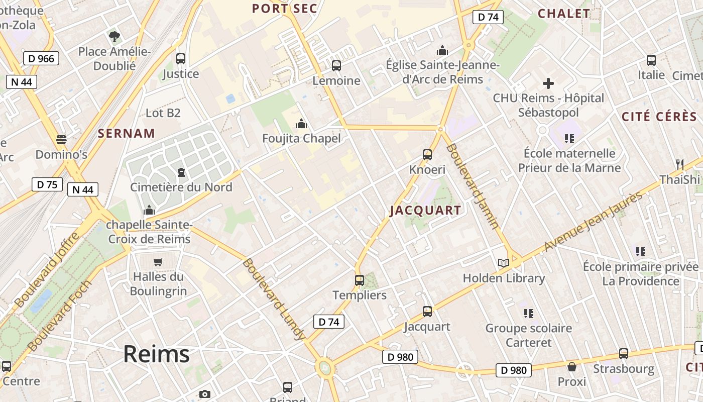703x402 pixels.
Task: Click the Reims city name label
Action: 156,354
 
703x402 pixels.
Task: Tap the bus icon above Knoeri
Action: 427,155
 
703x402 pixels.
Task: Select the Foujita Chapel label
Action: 301,138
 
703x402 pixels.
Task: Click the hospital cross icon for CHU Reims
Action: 548,83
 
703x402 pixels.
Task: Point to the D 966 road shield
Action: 41,58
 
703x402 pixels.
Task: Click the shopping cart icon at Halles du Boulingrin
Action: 158,262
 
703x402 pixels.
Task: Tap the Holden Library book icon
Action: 503,263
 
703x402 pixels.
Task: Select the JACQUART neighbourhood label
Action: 425,211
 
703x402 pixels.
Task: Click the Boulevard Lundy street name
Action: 274,299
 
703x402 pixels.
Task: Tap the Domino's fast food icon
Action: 61,139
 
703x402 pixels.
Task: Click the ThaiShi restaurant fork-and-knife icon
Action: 680,164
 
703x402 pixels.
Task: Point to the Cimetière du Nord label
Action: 181,187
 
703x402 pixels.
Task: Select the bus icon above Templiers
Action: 360,280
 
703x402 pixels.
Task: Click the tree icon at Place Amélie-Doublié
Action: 114,36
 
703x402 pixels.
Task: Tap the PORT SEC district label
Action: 284,9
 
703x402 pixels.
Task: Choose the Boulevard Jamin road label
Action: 472,186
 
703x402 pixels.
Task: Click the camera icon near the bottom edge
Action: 204,394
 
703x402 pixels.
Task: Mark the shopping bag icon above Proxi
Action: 572,367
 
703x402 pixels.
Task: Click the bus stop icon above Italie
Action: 651,60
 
